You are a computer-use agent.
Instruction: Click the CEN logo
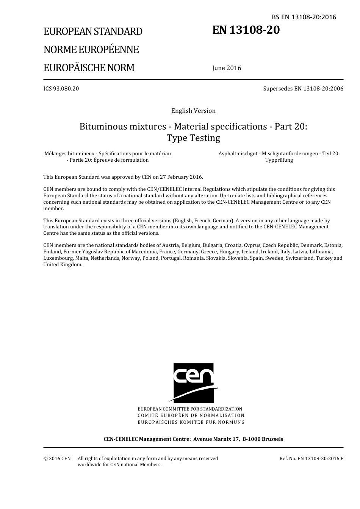click(x=193, y=383)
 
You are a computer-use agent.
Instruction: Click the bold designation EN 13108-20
click(x=246, y=30)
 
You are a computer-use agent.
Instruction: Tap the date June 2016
click(x=227, y=68)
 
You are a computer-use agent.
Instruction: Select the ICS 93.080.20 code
click(x=61, y=89)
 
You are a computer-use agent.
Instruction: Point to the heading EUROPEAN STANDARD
click(x=93, y=31)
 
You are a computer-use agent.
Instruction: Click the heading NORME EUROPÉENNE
click(x=91, y=50)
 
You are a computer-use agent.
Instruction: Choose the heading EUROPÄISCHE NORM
click(x=89, y=68)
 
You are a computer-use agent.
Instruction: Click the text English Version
click(x=193, y=111)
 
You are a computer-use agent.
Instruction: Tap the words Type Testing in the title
click(x=193, y=138)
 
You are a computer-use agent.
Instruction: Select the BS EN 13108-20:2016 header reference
click(x=304, y=17)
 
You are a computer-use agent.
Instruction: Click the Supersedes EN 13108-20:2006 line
click(x=303, y=89)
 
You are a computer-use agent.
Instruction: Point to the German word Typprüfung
click(x=279, y=160)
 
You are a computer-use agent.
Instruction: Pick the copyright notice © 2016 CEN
click(x=57, y=459)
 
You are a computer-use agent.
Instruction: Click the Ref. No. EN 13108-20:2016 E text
click(x=311, y=459)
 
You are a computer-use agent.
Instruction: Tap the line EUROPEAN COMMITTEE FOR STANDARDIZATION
click(x=190, y=409)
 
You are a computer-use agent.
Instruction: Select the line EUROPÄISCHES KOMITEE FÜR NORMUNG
click(x=191, y=422)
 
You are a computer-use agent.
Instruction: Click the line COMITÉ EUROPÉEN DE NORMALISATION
click(x=191, y=415)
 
